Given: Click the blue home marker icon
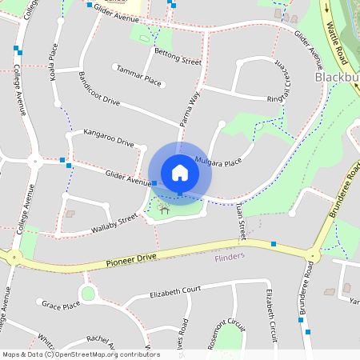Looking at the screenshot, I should coord(180,173).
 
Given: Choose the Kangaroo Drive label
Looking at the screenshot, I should coord(109,136).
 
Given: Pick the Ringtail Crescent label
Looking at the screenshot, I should coord(280,80).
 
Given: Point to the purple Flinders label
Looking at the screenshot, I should coord(230,258).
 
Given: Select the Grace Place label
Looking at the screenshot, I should coord(61,305).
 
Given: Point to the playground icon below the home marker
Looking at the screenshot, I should coord(165,210).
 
